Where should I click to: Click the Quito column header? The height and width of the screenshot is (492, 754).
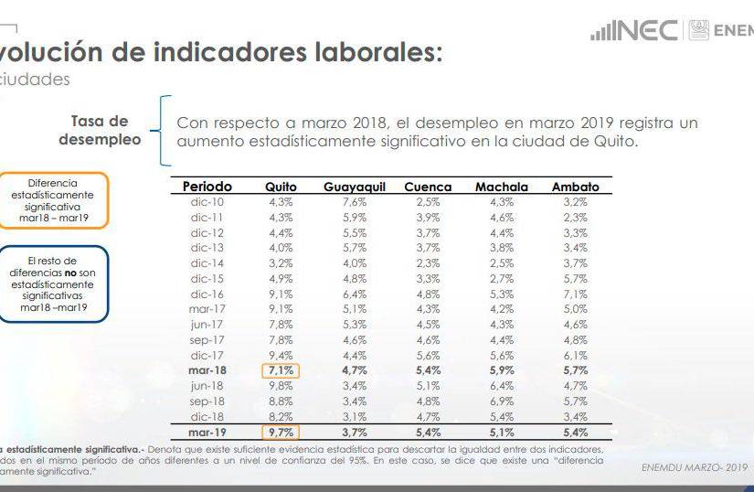[281, 187]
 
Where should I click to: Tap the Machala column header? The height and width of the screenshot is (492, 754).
[501, 187]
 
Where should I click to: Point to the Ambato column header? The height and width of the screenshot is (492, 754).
[575, 187]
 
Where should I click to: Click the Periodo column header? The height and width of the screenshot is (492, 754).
[207, 187]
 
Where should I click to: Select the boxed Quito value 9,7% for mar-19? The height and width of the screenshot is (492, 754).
[281, 432]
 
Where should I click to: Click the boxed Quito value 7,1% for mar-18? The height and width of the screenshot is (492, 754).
[281, 370]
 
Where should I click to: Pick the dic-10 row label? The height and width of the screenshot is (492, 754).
[207, 202]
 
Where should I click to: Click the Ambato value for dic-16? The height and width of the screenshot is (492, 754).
[575, 294]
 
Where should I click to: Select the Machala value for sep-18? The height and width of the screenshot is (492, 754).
[501, 401]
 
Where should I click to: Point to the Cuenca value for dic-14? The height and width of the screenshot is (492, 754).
[428, 263]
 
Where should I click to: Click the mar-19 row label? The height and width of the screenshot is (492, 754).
[207, 432]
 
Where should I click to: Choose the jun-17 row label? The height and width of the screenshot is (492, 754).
[207, 325]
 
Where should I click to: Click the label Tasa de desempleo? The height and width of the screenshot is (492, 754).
[100, 131]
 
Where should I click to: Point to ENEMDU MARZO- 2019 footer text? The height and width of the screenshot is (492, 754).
[696, 467]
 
